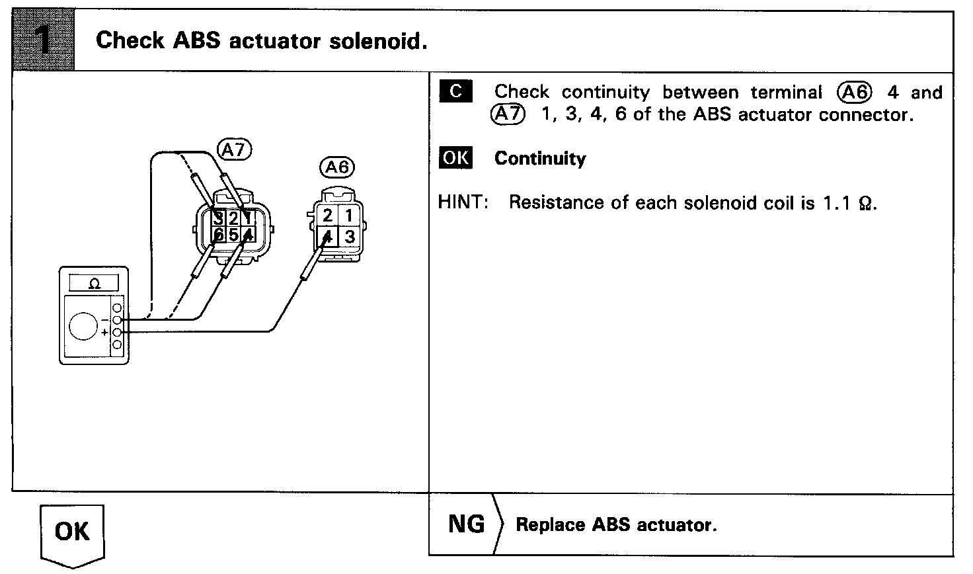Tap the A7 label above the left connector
234,150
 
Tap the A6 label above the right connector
336,167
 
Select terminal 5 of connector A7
233,235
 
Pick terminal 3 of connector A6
349,237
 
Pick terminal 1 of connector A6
349,216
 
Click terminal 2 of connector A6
328,216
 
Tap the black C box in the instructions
455,92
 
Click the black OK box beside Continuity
455,158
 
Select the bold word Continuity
540,159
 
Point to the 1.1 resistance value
835,202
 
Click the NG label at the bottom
466,524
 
